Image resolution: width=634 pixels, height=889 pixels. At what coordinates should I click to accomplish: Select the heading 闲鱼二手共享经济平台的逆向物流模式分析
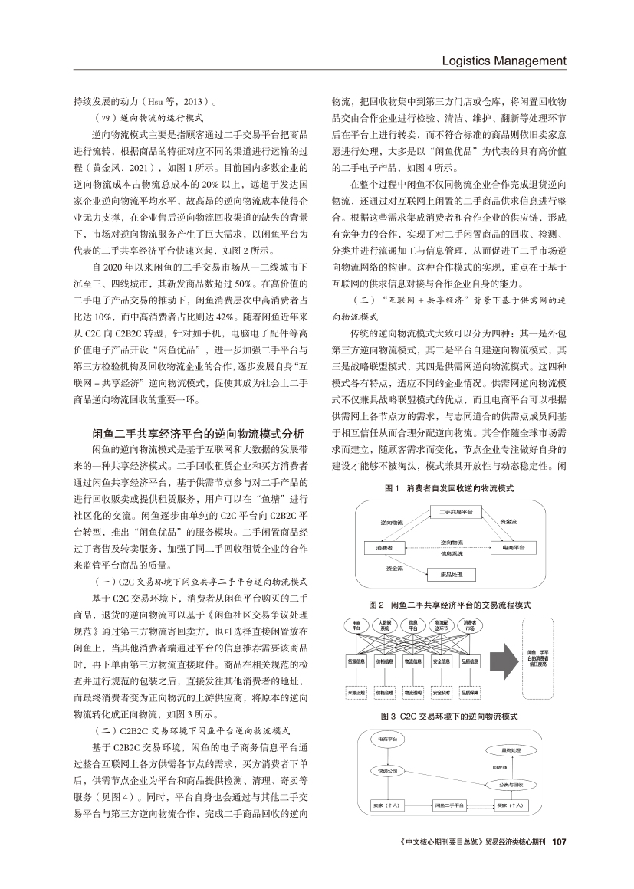198,432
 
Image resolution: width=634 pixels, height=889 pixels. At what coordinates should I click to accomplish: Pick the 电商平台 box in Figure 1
512,548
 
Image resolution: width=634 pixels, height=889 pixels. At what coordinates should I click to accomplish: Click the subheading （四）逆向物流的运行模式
148,119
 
